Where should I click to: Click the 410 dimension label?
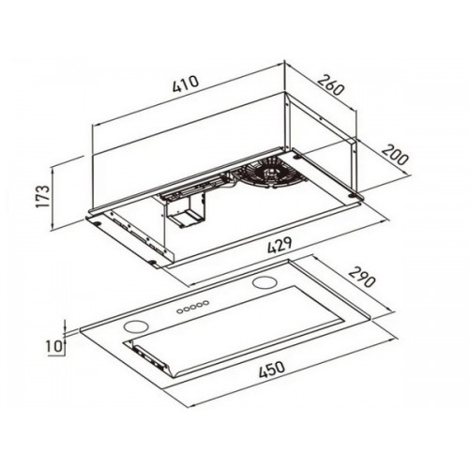pos(186,83)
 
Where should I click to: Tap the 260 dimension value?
pos(331,84)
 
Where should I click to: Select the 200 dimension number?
pos(395,155)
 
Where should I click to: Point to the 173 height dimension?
pos(43,196)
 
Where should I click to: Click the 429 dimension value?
pos(280,246)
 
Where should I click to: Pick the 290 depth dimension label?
pos(361,277)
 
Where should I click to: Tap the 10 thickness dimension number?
pos(53,346)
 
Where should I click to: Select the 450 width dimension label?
pos(272,371)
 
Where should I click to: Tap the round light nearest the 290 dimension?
pos(262,283)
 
